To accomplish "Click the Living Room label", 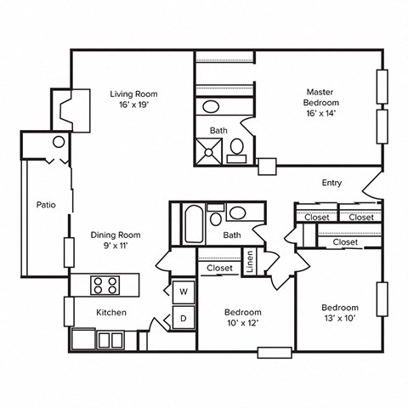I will point(134,93).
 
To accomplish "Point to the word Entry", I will point(331,183).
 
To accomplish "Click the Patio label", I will point(47,205).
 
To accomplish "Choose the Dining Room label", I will point(116,235).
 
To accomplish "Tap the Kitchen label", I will point(111,312).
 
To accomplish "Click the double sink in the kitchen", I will point(110,340).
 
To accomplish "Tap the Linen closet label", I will point(250,263).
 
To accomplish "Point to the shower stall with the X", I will point(209,150).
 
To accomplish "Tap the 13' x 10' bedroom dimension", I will point(339,320).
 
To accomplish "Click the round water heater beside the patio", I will point(59,143).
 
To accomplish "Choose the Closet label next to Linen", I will point(220,268).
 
